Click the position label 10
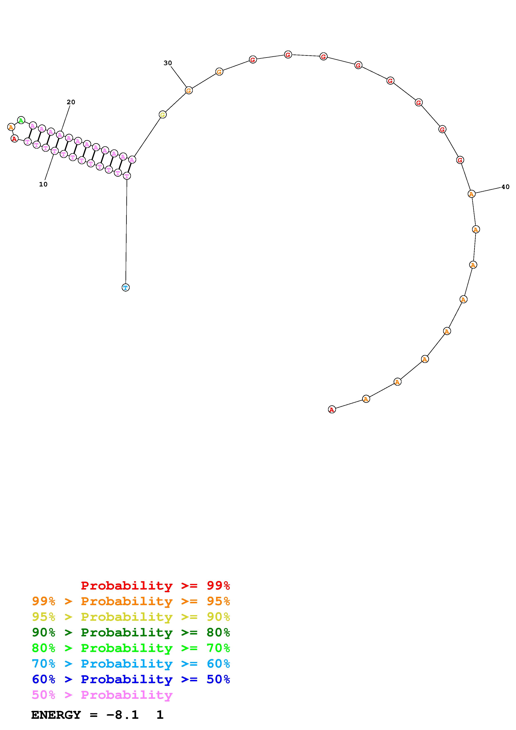click(43, 184)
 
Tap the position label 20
click(71, 102)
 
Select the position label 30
click(168, 63)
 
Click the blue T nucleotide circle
click(126, 287)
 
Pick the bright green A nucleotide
click(21, 120)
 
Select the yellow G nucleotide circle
click(163, 114)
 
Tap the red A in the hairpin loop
click(14, 139)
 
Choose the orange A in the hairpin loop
click(11, 127)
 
